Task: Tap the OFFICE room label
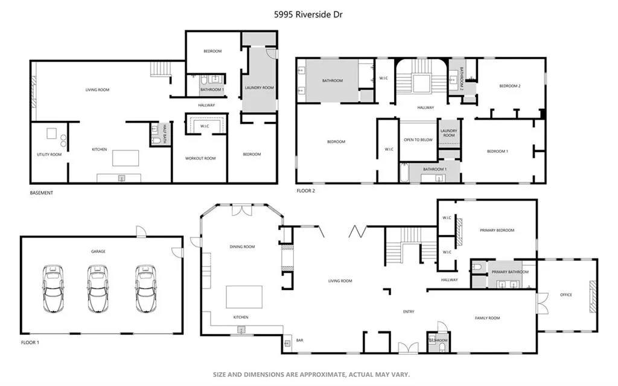(565, 295)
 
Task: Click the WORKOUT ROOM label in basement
(200, 158)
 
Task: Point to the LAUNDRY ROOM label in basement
(259, 88)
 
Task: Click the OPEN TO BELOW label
(418, 140)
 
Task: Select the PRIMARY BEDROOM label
(497, 230)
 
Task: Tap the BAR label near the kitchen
(299, 341)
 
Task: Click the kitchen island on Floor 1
(244, 297)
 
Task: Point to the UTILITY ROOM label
(49, 155)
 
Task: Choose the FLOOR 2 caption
(305, 190)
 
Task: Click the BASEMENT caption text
(42, 193)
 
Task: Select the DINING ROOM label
(242, 246)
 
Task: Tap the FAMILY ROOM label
(487, 318)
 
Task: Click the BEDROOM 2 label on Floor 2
(509, 86)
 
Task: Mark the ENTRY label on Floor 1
(409, 312)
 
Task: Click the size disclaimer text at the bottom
(311, 375)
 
